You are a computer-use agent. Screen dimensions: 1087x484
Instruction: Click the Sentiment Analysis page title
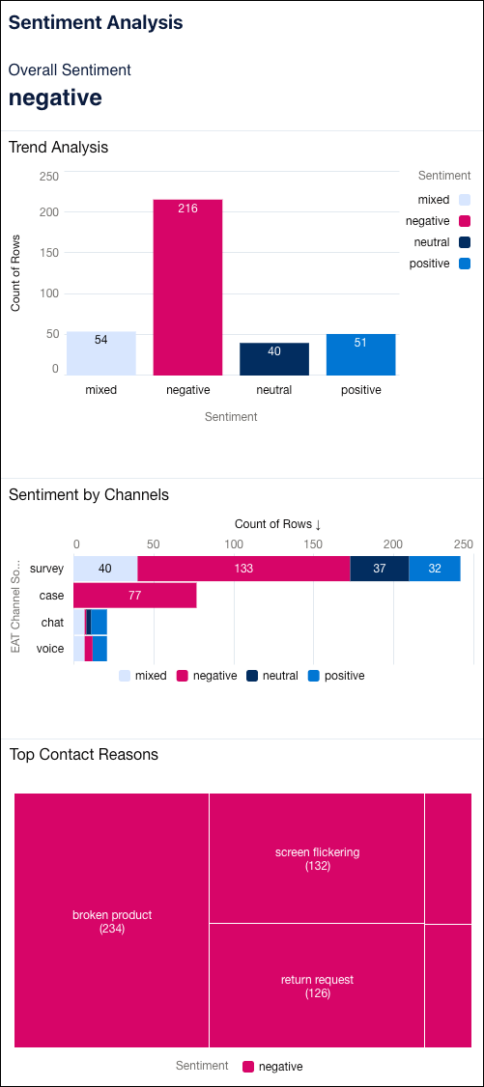point(96,23)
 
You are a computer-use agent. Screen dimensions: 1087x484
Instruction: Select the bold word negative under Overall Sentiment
point(55,98)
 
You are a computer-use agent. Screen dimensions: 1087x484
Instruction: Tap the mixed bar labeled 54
point(100,353)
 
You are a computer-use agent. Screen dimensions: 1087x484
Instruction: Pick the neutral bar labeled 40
point(274,359)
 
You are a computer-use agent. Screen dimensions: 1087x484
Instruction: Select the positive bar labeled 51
point(360,354)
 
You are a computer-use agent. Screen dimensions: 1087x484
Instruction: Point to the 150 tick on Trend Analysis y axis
point(48,252)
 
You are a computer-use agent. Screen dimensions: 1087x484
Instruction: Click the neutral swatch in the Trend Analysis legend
point(465,242)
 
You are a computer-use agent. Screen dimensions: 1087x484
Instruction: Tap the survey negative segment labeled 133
point(243,569)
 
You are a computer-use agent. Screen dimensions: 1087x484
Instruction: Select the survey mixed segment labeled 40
point(104,569)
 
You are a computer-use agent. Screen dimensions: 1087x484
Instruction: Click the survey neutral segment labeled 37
point(379,569)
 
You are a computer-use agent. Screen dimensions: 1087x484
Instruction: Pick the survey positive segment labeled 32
point(434,569)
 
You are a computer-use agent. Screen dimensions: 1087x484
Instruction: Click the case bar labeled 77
point(134,596)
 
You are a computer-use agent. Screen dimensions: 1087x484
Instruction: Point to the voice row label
point(50,649)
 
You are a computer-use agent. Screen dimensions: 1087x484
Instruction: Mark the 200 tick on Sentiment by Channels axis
point(393,543)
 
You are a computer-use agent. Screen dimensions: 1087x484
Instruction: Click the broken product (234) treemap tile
point(112,921)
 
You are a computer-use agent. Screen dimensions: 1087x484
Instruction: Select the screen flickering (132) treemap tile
point(317,858)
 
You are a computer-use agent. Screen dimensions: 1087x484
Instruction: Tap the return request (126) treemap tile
point(317,986)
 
